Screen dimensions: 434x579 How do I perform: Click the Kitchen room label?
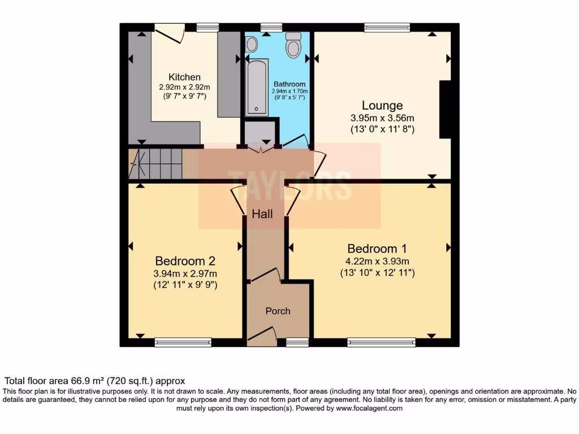184,77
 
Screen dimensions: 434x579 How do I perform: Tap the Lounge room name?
382,105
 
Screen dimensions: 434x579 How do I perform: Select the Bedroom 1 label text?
377,248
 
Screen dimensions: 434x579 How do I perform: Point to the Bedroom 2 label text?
185,261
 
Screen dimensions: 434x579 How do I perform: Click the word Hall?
262,214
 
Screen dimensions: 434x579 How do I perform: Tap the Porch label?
278,311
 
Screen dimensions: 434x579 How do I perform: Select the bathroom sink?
252,44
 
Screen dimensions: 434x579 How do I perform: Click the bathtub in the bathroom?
257,88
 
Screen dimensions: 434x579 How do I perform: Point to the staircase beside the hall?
156,163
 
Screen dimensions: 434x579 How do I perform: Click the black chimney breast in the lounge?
445,109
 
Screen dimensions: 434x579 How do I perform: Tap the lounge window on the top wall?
387,27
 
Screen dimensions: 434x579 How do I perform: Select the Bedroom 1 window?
381,342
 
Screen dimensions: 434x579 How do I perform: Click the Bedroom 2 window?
183,342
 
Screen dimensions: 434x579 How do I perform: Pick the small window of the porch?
297,342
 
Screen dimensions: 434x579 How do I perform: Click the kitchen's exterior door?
169,32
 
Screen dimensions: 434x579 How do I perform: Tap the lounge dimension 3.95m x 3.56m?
382,118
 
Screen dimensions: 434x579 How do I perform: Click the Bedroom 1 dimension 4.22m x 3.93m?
377,261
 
